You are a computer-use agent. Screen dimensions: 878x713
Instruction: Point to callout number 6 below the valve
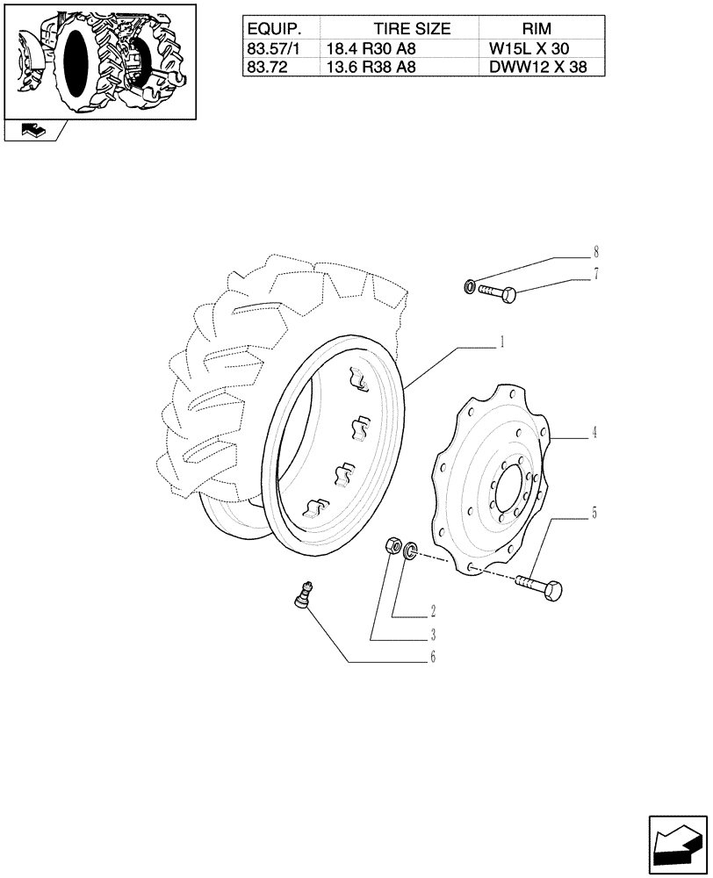click(x=431, y=657)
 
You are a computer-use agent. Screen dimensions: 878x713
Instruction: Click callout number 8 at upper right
click(x=595, y=251)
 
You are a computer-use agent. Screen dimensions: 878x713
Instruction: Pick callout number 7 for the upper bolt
click(x=595, y=274)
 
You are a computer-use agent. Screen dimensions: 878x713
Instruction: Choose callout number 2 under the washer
click(x=433, y=609)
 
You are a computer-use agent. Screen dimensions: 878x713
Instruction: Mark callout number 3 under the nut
click(x=433, y=633)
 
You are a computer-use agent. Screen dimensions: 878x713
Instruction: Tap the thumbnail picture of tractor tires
click(x=99, y=60)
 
